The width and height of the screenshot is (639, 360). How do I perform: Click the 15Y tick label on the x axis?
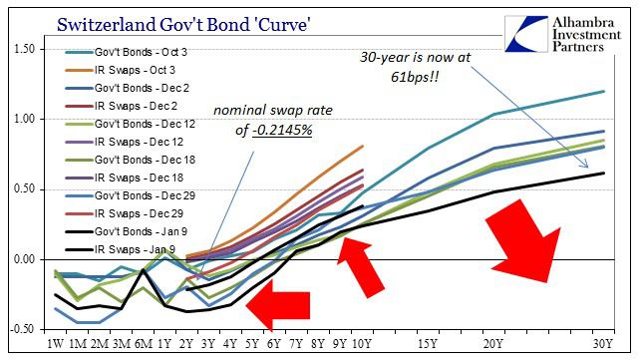(430, 346)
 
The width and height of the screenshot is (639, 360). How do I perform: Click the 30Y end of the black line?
(604, 174)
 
